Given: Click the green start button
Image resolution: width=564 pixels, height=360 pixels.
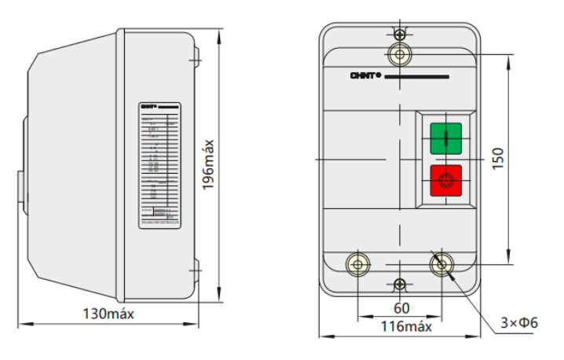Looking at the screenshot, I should click(x=446, y=139).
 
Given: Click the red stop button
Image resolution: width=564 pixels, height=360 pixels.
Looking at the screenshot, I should click(x=446, y=181).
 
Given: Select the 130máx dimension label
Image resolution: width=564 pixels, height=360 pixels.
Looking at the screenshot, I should click(x=109, y=313).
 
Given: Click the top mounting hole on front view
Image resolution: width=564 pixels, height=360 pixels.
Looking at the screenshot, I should click(x=401, y=53).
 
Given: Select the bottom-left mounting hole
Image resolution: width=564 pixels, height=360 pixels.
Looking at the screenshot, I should click(x=358, y=264).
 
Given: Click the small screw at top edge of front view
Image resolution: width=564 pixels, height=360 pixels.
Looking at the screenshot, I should click(x=401, y=35).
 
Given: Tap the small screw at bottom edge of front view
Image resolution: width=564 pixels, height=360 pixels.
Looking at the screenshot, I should click(x=401, y=284).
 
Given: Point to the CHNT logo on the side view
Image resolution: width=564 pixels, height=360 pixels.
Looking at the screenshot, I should click(x=148, y=105).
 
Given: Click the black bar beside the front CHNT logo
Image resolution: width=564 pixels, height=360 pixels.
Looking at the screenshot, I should click(x=417, y=77).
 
